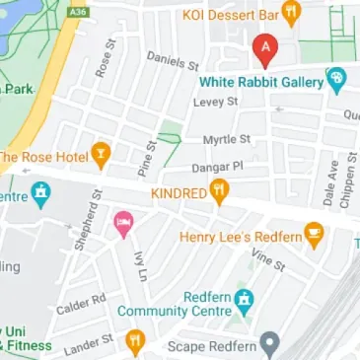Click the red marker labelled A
coord(263,46)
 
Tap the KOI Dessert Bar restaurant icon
coord(291,14)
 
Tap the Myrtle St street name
coord(227,139)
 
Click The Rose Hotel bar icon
coord(100,155)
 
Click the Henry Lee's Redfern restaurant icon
coord(315,236)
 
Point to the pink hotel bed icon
coord(123,224)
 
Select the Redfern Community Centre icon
coord(246,297)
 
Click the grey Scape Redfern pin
coord(276,344)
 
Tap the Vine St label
coord(267,259)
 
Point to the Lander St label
coord(88,341)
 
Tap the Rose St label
coord(103,65)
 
